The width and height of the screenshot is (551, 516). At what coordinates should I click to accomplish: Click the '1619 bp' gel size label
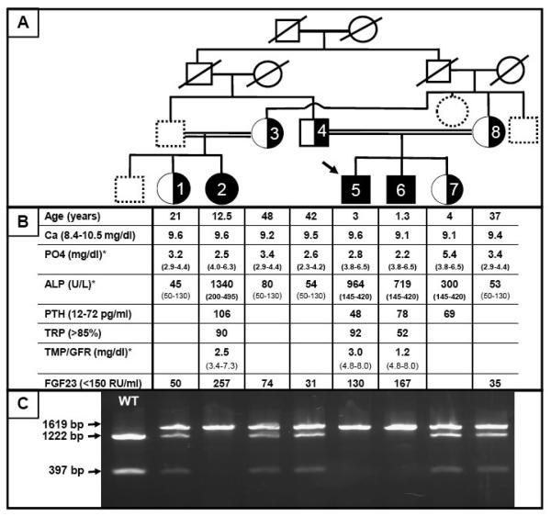coord(64,425)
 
